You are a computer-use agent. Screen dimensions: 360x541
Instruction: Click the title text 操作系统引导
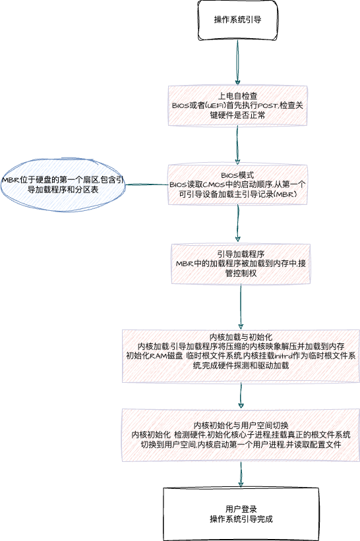[237, 20]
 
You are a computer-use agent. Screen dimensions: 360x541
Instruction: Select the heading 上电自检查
[237, 96]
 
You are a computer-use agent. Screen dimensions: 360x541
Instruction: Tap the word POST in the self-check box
[268, 105]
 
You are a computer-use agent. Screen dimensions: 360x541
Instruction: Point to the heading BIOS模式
[237, 175]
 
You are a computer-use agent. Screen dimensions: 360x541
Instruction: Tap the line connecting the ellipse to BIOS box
[146, 185]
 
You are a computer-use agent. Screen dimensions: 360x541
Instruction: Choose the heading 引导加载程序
[241, 254]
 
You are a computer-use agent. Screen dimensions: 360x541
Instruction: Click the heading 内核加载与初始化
[241, 337]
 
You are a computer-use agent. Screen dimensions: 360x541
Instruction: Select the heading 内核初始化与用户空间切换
[241, 426]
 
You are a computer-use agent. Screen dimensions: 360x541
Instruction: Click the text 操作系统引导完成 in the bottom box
[241, 519]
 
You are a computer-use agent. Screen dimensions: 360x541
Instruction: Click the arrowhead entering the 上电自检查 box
[237, 82]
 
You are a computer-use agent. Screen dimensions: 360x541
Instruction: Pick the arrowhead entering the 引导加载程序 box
[237, 239]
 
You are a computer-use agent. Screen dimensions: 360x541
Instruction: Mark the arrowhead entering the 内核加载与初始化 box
[241, 326]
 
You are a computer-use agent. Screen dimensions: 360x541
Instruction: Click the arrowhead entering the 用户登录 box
[241, 484]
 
